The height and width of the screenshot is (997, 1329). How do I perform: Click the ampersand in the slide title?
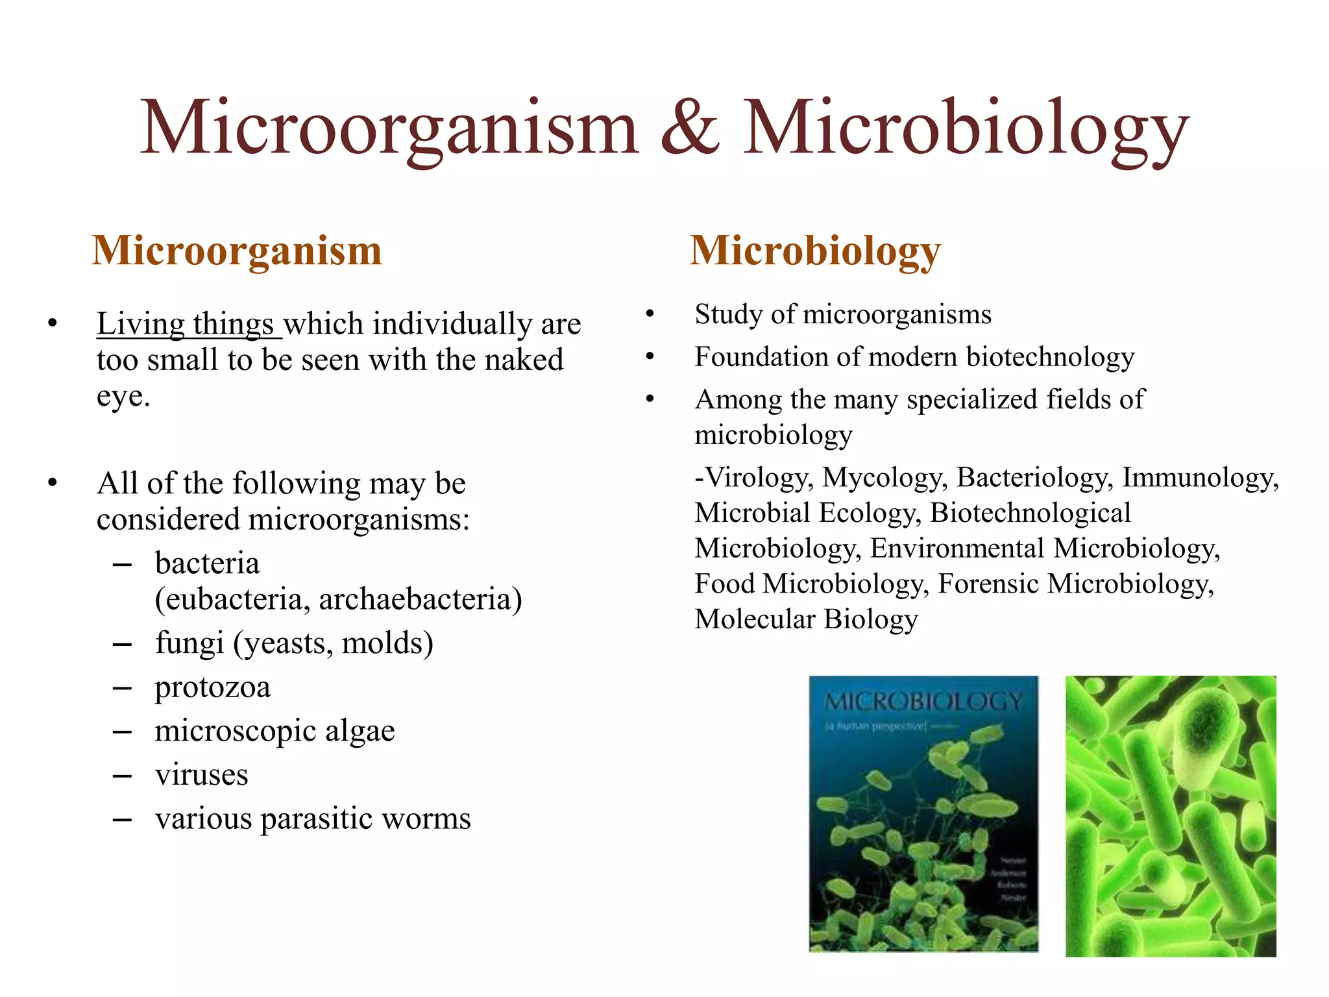[690, 128]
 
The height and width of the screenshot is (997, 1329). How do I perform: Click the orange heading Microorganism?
[237, 251]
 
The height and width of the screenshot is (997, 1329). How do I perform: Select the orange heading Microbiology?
[814, 251]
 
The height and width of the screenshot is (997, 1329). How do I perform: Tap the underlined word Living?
[141, 324]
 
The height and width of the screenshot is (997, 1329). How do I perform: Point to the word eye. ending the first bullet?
[123, 396]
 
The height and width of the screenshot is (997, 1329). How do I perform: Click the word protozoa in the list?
[212, 687]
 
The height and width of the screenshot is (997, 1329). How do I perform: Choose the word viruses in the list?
[201, 774]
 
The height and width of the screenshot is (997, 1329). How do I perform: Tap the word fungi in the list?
[189, 643]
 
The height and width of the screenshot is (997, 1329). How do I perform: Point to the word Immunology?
[1200, 478]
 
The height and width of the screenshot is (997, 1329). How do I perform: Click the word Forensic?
[988, 584]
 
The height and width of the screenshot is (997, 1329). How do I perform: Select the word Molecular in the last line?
[753, 619]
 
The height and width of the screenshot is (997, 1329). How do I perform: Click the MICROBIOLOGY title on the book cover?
[922, 702]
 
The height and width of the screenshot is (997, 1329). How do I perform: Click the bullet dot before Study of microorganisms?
[650, 314]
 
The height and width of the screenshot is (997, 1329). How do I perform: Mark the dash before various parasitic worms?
[121, 819]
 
